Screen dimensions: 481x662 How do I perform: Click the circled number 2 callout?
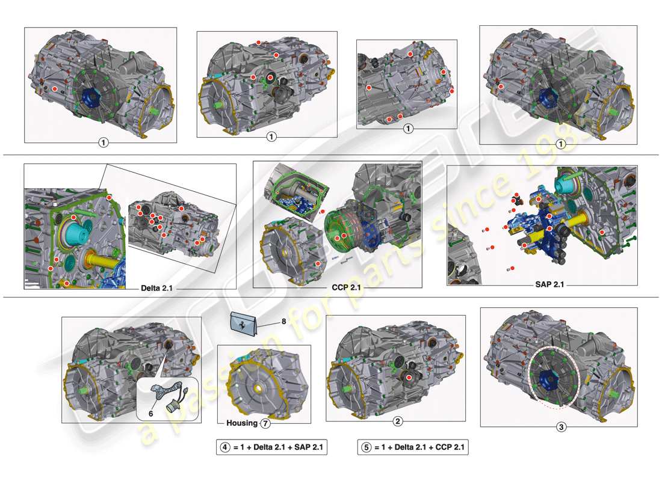(397, 421)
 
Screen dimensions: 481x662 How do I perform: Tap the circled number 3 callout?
(561, 428)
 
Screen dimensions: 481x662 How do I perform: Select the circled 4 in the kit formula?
(224, 447)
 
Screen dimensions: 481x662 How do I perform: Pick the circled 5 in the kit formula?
(365, 447)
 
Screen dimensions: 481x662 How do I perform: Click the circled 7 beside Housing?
(265, 423)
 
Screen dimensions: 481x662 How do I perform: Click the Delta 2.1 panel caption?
(156, 287)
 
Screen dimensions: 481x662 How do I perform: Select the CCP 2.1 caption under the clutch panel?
(345, 287)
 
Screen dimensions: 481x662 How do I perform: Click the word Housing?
(241, 423)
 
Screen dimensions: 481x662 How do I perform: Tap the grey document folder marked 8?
(246, 323)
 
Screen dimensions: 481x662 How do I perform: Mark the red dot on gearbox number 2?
(409, 377)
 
